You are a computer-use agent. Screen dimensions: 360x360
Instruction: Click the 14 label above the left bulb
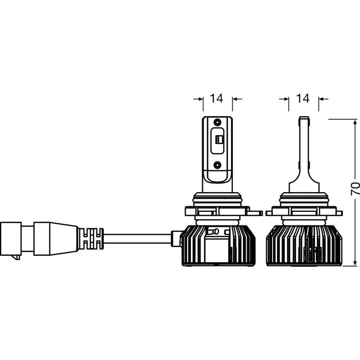(x=217, y=98)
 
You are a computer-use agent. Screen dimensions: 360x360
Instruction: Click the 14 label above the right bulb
(x=303, y=98)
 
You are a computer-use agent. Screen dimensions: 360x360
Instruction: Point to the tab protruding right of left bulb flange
(x=256, y=213)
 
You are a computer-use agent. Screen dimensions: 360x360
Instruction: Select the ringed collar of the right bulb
(x=304, y=199)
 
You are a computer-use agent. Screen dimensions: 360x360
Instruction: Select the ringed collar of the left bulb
(x=218, y=199)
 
